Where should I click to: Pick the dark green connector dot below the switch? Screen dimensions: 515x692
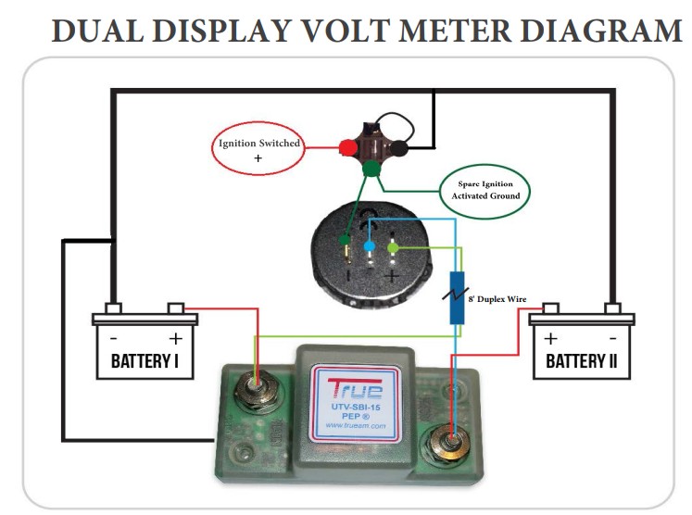click(x=372, y=170)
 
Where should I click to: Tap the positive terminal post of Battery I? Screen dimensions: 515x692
click(x=176, y=308)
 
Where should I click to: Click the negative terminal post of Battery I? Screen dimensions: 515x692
click(x=112, y=308)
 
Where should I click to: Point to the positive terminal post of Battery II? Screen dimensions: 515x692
click(x=550, y=308)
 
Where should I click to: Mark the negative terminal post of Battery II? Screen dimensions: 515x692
click(x=611, y=308)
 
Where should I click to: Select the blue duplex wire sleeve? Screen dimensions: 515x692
click(x=457, y=297)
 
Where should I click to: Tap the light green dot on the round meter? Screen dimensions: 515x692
click(x=394, y=247)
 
